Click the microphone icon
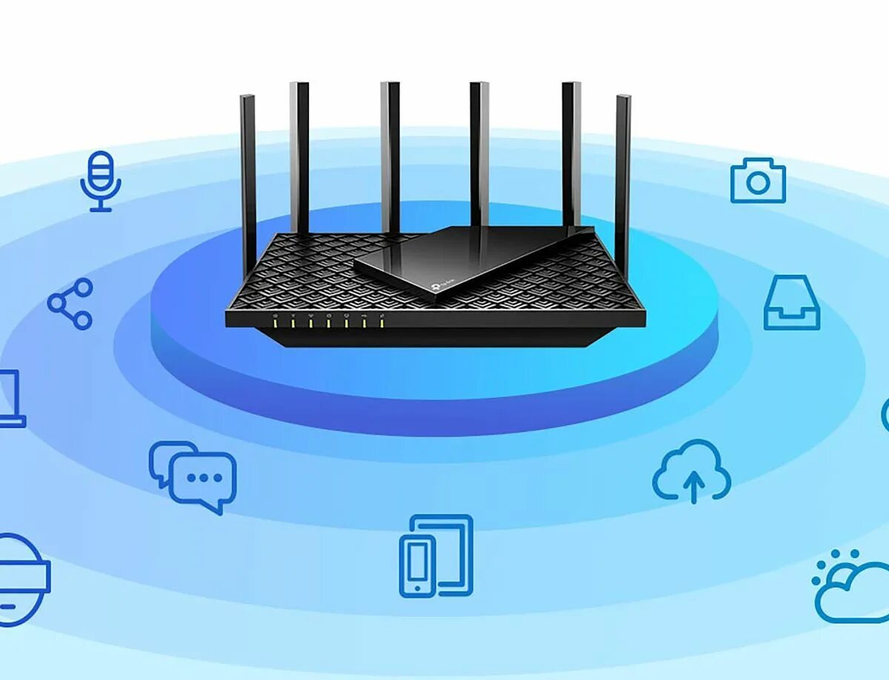[100, 180]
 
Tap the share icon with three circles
[70, 304]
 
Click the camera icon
[758, 181]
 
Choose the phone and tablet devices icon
[436, 556]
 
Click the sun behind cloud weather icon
[850, 587]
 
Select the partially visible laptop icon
[10, 399]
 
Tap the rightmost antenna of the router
[623, 178]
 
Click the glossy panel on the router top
[474, 259]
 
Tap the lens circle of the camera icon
[758, 183]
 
